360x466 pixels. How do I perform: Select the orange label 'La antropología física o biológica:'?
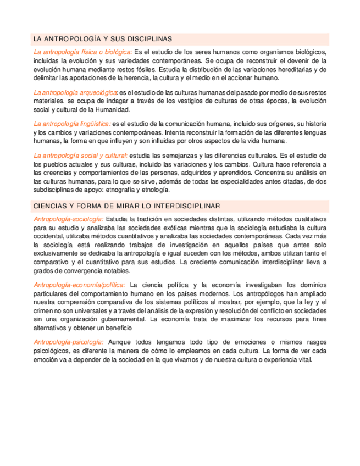tap(82, 52)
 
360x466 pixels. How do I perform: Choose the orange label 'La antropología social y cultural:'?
tap(80, 156)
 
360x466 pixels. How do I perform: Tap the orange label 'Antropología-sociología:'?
tap(68, 219)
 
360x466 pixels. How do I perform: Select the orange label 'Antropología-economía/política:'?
tap(79, 285)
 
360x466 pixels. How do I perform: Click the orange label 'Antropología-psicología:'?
tap(68, 342)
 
